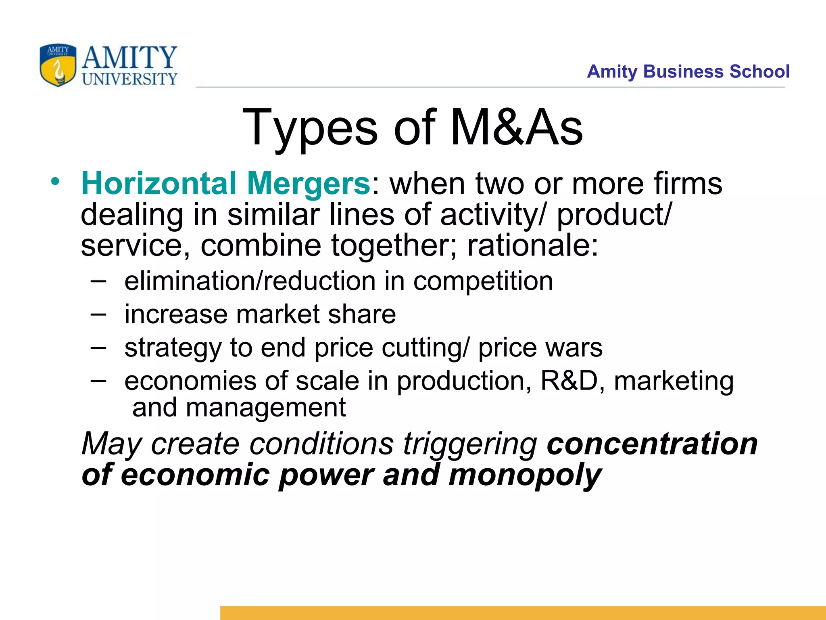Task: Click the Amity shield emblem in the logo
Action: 58,65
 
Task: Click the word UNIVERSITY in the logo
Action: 129,79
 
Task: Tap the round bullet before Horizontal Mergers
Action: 55,182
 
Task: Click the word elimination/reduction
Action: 250,281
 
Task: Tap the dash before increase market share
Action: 98,314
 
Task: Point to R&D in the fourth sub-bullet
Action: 569,381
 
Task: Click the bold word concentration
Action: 652,444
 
